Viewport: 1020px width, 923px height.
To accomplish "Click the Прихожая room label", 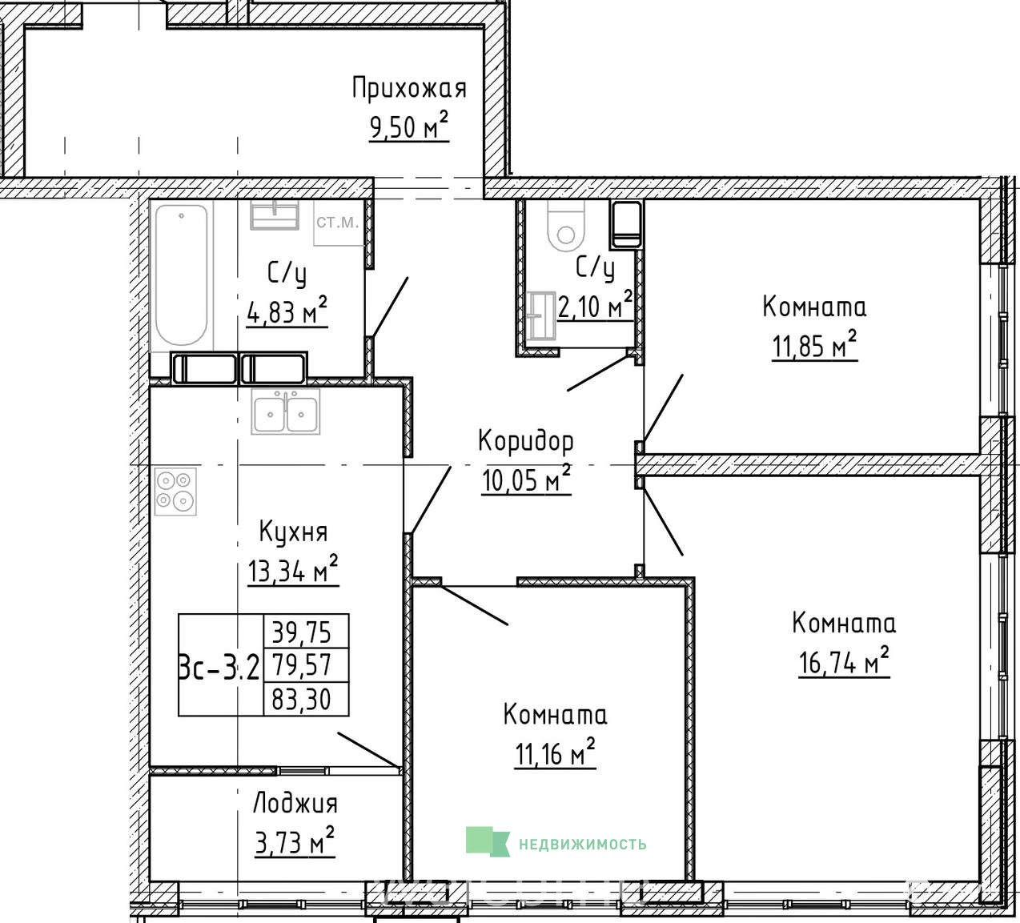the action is pyautogui.click(x=409, y=89).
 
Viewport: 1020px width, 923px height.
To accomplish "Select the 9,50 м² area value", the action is pyautogui.click(x=409, y=126).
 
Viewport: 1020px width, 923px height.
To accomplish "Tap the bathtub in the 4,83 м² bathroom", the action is pyautogui.click(x=182, y=275).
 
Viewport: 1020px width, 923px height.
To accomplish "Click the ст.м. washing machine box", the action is pyautogui.click(x=338, y=223).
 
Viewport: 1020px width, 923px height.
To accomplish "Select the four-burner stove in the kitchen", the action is pyautogui.click(x=175, y=492).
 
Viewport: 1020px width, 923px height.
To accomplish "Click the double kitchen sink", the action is pyautogui.click(x=285, y=411).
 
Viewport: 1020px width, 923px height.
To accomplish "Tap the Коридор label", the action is pyautogui.click(x=526, y=441).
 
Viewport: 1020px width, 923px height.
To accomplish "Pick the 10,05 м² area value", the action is pyautogui.click(x=526, y=479).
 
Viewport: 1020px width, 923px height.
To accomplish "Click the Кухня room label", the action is pyautogui.click(x=293, y=532).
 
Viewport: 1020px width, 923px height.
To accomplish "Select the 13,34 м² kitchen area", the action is pyautogui.click(x=293, y=570).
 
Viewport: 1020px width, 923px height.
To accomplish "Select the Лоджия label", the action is pyautogui.click(x=295, y=805).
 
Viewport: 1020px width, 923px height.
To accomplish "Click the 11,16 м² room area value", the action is pyautogui.click(x=555, y=753).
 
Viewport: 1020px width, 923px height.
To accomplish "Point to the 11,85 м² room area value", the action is pyautogui.click(x=814, y=346).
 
